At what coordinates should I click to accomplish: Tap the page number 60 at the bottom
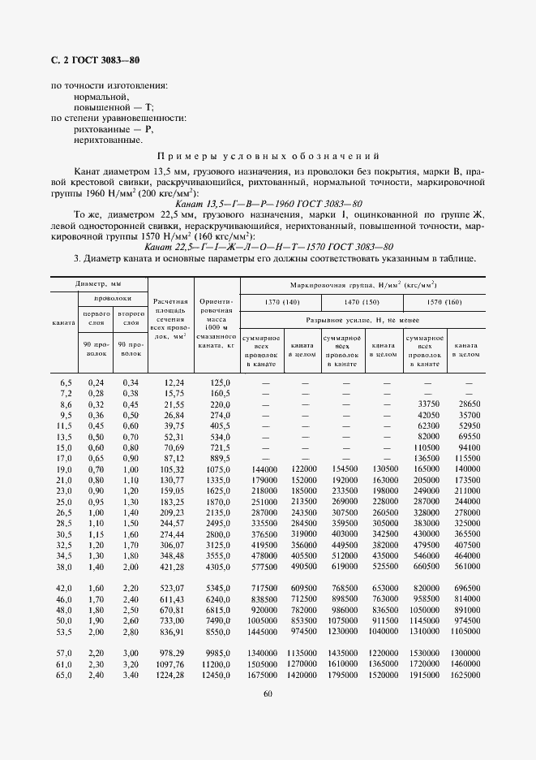point(268,693)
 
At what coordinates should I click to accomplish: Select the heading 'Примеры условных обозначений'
point(268,157)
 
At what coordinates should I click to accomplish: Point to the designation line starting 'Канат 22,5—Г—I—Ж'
point(268,246)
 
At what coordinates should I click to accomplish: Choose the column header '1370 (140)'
point(281,302)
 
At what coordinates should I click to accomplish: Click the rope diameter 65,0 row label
point(64,675)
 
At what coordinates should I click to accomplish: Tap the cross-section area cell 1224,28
point(170,675)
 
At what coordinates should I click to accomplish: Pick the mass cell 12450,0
point(216,675)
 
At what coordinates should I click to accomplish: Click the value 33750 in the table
point(427,403)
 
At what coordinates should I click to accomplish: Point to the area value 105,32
point(172,469)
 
